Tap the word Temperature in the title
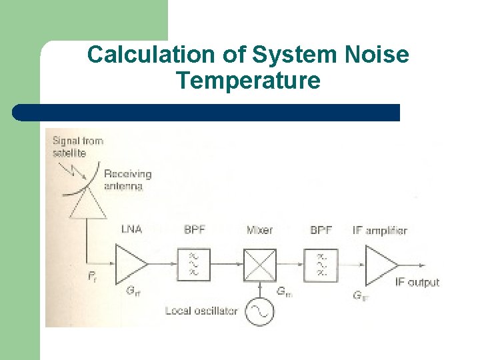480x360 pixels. coord(248,81)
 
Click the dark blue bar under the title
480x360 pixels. coord(207,113)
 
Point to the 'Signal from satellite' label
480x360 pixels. coord(77,147)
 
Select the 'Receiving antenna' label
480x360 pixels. coord(127,180)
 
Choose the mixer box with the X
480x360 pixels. coord(259,263)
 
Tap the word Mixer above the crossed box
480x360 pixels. coord(259,230)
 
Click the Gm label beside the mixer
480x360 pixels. coord(283,291)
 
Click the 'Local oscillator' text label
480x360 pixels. coord(201,311)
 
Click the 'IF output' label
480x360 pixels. coord(417,282)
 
